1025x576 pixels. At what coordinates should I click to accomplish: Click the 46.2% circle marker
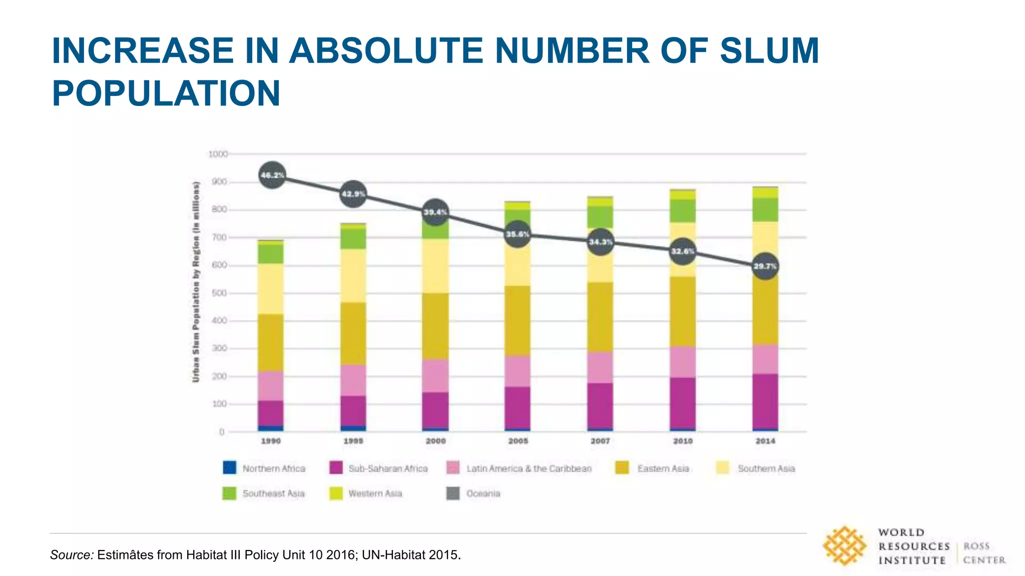tap(272, 175)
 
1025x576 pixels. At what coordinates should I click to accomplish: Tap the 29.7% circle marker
tap(765, 266)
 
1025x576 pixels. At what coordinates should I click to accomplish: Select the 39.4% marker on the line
tap(435, 212)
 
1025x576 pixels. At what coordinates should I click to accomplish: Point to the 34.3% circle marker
tap(600, 242)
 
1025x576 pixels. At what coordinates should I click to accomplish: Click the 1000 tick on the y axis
tap(218, 154)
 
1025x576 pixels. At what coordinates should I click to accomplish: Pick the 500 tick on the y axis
tap(219, 293)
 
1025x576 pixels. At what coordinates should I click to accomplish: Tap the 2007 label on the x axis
tap(600, 441)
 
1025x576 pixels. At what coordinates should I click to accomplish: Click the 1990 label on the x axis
tap(271, 441)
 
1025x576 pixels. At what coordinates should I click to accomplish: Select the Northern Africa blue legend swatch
tap(229, 468)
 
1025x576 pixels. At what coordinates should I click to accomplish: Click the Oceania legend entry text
tap(483, 493)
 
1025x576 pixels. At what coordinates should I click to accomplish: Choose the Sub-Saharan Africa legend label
tap(388, 468)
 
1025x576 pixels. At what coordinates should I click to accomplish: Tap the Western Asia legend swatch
tap(336, 493)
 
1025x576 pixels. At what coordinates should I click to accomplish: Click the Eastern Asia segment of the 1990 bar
tap(271, 342)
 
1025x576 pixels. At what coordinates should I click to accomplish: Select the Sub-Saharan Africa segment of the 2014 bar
tap(765, 401)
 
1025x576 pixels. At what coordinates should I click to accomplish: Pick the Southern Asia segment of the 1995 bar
tap(353, 275)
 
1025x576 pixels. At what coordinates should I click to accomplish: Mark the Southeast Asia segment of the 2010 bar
tap(683, 210)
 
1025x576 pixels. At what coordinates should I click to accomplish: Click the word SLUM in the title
tap(769, 51)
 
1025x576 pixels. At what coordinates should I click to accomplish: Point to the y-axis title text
tap(196, 282)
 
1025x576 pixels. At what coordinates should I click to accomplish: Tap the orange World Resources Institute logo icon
tap(845, 546)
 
